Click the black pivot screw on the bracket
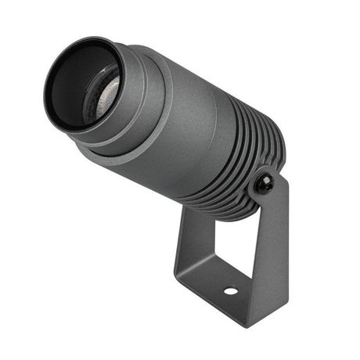coord(265,185)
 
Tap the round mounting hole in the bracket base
coord(230,291)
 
